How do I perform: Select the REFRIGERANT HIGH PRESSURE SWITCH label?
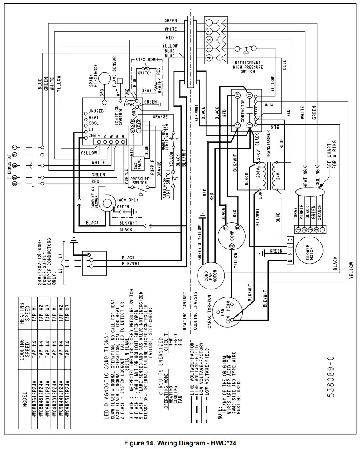click(x=250, y=67)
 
